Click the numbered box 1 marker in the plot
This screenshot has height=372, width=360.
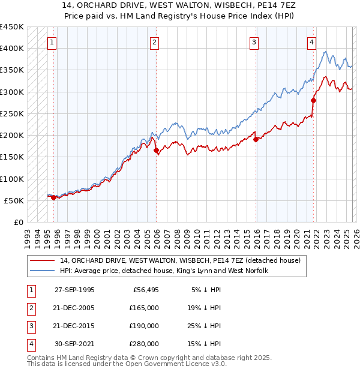pos(52,42)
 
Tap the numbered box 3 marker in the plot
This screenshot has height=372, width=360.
pos(254,42)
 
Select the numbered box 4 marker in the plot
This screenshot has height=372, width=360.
pos(312,42)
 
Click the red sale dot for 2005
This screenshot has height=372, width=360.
pos(157,151)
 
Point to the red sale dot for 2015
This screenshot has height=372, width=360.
pos(256,139)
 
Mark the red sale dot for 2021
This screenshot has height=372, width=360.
pos(313,100)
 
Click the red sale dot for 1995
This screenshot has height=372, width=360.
pos(53,197)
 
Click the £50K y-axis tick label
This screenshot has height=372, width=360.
pos(14,200)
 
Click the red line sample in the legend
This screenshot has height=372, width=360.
pos(43,260)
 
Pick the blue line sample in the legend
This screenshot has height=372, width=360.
pos(43,271)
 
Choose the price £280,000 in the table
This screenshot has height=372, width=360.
pos(143,344)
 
